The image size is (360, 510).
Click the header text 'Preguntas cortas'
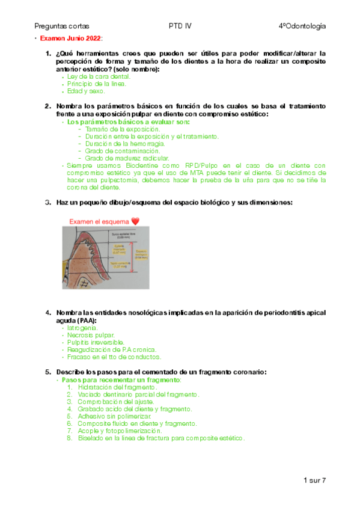[x=62, y=26]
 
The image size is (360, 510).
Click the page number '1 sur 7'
[x=314, y=481]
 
